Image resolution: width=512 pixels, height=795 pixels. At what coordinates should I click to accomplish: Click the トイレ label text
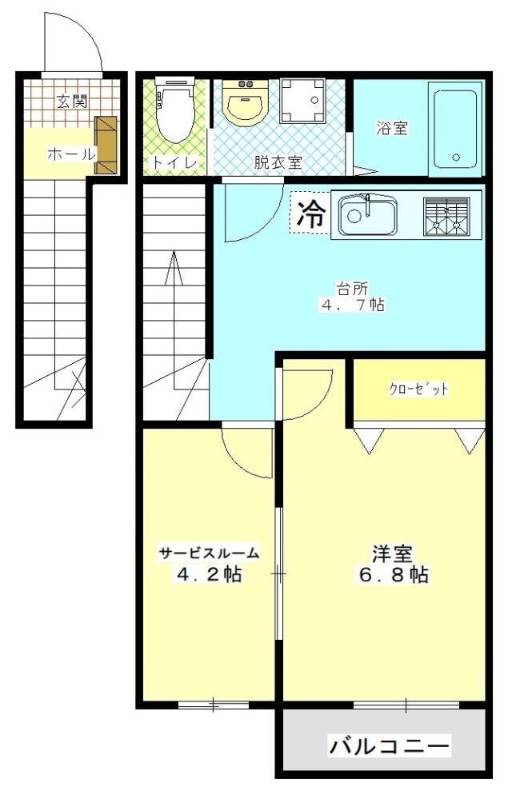pyautogui.click(x=170, y=162)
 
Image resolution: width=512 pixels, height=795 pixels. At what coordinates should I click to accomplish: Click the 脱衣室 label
pyautogui.click(x=278, y=162)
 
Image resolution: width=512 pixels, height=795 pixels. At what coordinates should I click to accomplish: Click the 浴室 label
pyautogui.click(x=393, y=127)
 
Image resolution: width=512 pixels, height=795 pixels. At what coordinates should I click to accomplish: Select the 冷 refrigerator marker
pyautogui.click(x=311, y=213)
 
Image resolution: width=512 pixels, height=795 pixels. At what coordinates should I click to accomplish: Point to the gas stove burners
pyautogui.click(x=448, y=215)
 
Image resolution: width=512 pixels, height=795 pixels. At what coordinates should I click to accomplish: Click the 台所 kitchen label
pyautogui.click(x=348, y=288)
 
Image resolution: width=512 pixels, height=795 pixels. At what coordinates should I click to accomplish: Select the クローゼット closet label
pyautogui.click(x=419, y=390)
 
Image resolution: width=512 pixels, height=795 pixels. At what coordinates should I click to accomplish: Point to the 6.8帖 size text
pyautogui.click(x=392, y=574)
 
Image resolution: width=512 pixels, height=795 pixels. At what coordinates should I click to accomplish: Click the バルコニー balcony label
pyautogui.click(x=390, y=747)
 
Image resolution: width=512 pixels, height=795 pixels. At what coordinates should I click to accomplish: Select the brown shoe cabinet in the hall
pyautogui.click(x=106, y=145)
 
